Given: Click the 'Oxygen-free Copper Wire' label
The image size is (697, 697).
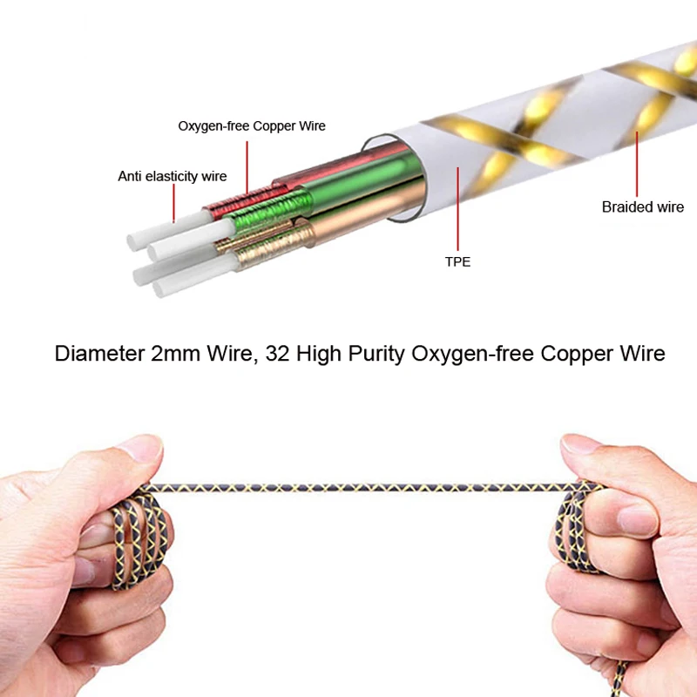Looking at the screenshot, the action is pos(252,126).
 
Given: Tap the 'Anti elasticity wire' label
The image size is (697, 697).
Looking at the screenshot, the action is pos(173,177).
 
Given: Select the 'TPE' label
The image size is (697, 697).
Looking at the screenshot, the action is pos(457,261).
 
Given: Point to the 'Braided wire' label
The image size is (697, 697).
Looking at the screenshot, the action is pos(643,207).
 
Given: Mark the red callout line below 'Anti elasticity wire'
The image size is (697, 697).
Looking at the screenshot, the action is pos(174,202).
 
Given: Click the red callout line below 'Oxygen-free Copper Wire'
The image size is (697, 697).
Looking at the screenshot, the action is pos(247,166).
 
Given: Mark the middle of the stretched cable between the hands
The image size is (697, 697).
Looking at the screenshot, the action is pos(357,484).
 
